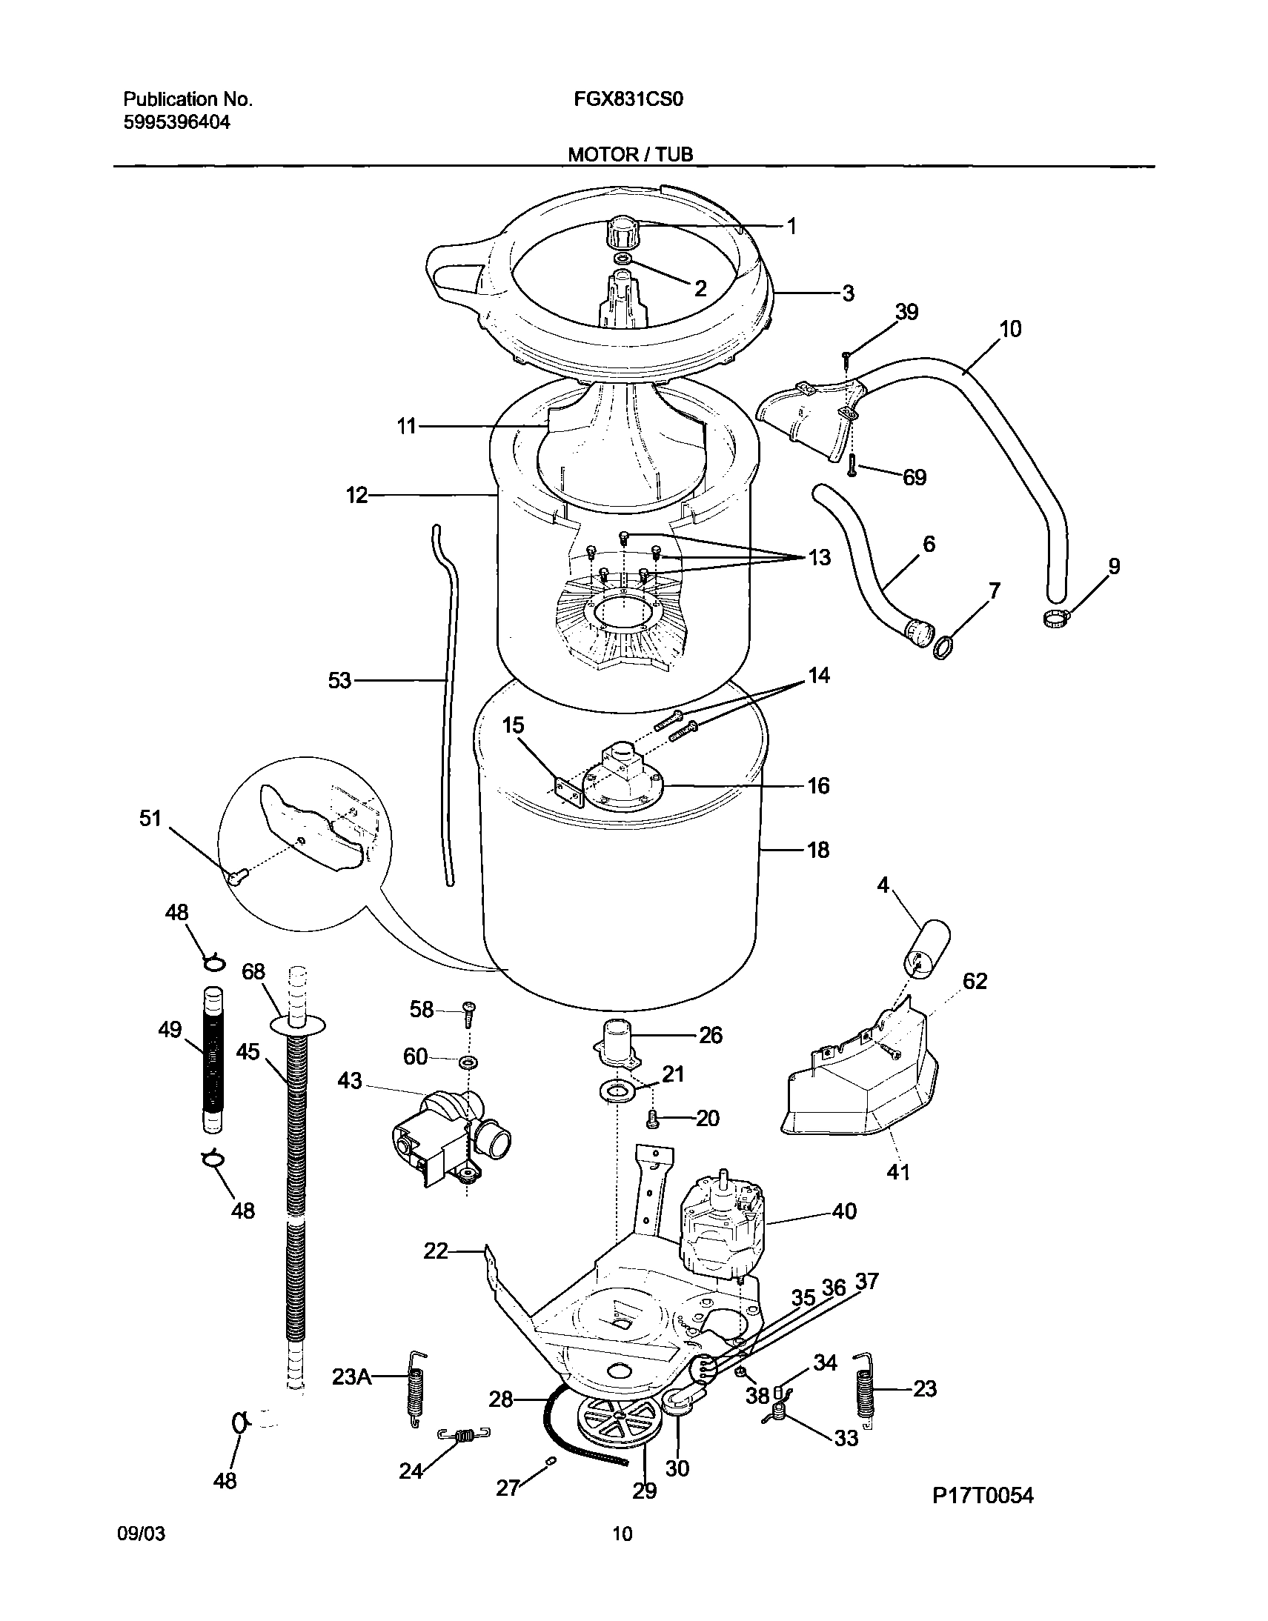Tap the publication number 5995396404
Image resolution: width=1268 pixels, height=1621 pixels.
pyautogui.click(x=176, y=122)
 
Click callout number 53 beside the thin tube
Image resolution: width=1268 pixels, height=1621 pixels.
pyautogui.click(x=339, y=680)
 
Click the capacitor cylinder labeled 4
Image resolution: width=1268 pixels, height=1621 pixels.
pyautogui.click(x=927, y=946)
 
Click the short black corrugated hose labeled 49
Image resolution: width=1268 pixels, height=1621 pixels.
pyautogui.click(x=213, y=1060)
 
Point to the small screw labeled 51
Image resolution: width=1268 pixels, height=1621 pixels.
pyautogui.click(x=236, y=878)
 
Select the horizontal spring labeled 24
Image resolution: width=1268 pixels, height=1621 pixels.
pyautogui.click(x=462, y=1437)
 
